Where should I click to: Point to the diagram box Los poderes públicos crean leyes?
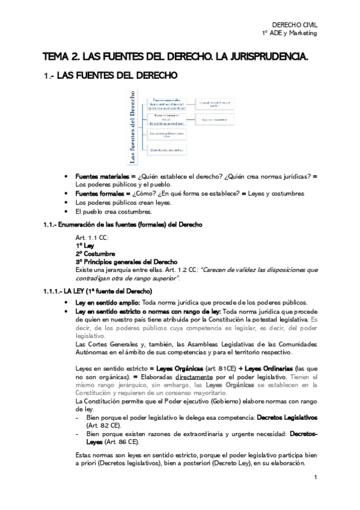[x=166, y=134]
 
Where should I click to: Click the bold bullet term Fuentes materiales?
[x=100, y=177]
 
